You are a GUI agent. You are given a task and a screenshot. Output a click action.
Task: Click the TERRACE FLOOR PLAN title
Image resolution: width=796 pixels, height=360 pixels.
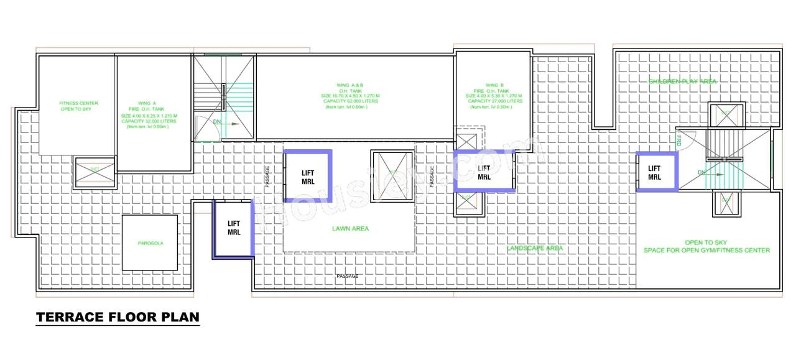coord(118,317)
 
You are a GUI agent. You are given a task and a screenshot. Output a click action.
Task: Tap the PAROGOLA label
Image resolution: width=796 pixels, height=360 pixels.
coord(150,243)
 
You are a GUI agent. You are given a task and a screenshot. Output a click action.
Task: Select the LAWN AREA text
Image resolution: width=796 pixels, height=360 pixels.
coord(350,229)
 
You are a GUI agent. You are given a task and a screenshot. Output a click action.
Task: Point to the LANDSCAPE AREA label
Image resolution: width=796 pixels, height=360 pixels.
coord(535,248)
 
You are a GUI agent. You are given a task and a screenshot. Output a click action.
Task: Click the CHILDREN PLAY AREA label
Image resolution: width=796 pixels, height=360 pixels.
coord(682,81)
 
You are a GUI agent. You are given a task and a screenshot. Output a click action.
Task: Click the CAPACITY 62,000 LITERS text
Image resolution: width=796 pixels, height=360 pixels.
coord(350,101)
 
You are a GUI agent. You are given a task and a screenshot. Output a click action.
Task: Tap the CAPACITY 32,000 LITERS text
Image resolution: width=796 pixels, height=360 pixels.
coord(149,121)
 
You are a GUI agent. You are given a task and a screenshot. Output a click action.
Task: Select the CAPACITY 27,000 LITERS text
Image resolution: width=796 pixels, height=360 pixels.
coord(495,101)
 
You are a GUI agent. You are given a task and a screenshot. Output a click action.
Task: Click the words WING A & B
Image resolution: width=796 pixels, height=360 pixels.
coord(350,85)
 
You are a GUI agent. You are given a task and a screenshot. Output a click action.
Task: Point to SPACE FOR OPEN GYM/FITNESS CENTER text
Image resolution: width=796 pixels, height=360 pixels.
coord(706,251)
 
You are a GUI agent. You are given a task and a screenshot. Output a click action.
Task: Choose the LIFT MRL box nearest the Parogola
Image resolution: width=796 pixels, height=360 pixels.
coord(234,228)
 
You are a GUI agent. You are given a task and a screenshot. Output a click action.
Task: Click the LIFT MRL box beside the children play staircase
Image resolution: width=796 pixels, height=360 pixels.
coord(655,173)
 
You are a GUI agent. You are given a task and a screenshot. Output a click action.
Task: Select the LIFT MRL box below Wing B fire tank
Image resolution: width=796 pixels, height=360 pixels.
coord(484,172)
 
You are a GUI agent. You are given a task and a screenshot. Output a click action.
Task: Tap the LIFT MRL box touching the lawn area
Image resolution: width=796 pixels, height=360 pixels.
coord(308,177)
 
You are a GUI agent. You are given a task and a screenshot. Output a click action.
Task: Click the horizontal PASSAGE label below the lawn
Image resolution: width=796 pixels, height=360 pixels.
coord(347,276)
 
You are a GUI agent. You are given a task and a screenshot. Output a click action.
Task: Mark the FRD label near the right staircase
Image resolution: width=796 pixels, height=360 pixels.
coord(679,142)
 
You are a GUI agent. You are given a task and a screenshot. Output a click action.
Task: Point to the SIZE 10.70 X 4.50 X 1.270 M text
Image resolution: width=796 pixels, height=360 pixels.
coord(350,96)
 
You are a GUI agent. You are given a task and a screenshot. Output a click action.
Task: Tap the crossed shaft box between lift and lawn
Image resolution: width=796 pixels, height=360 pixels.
coord(392,176)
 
